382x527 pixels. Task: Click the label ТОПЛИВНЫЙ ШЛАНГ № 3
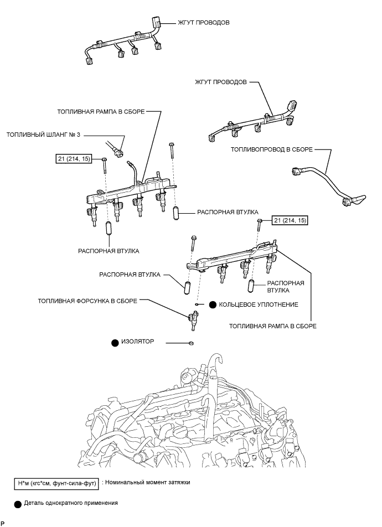pyautogui.click(x=43, y=135)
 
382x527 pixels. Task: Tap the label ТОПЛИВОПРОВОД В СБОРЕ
pyautogui.click(x=271, y=149)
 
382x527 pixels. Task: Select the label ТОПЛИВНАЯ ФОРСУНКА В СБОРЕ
pyautogui.click(x=87, y=301)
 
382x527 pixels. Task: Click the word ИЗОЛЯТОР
pyautogui.click(x=137, y=342)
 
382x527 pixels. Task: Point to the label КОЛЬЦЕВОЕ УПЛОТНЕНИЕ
pyautogui.click(x=258, y=305)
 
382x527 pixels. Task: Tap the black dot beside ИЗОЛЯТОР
pyautogui.click(x=115, y=343)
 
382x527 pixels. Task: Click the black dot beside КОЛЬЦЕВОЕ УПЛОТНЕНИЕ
pyautogui.click(x=213, y=305)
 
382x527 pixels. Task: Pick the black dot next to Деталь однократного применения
pyautogui.click(x=18, y=504)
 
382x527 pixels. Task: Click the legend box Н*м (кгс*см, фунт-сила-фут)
pyautogui.click(x=56, y=484)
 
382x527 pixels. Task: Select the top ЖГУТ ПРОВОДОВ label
pyautogui.click(x=203, y=23)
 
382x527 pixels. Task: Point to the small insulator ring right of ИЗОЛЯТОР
pyautogui.click(x=191, y=343)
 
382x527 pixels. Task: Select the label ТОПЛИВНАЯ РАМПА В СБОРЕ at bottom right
pyautogui.click(x=273, y=326)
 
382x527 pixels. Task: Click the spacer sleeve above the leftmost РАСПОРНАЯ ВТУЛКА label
pyautogui.click(x=109, y=229)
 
